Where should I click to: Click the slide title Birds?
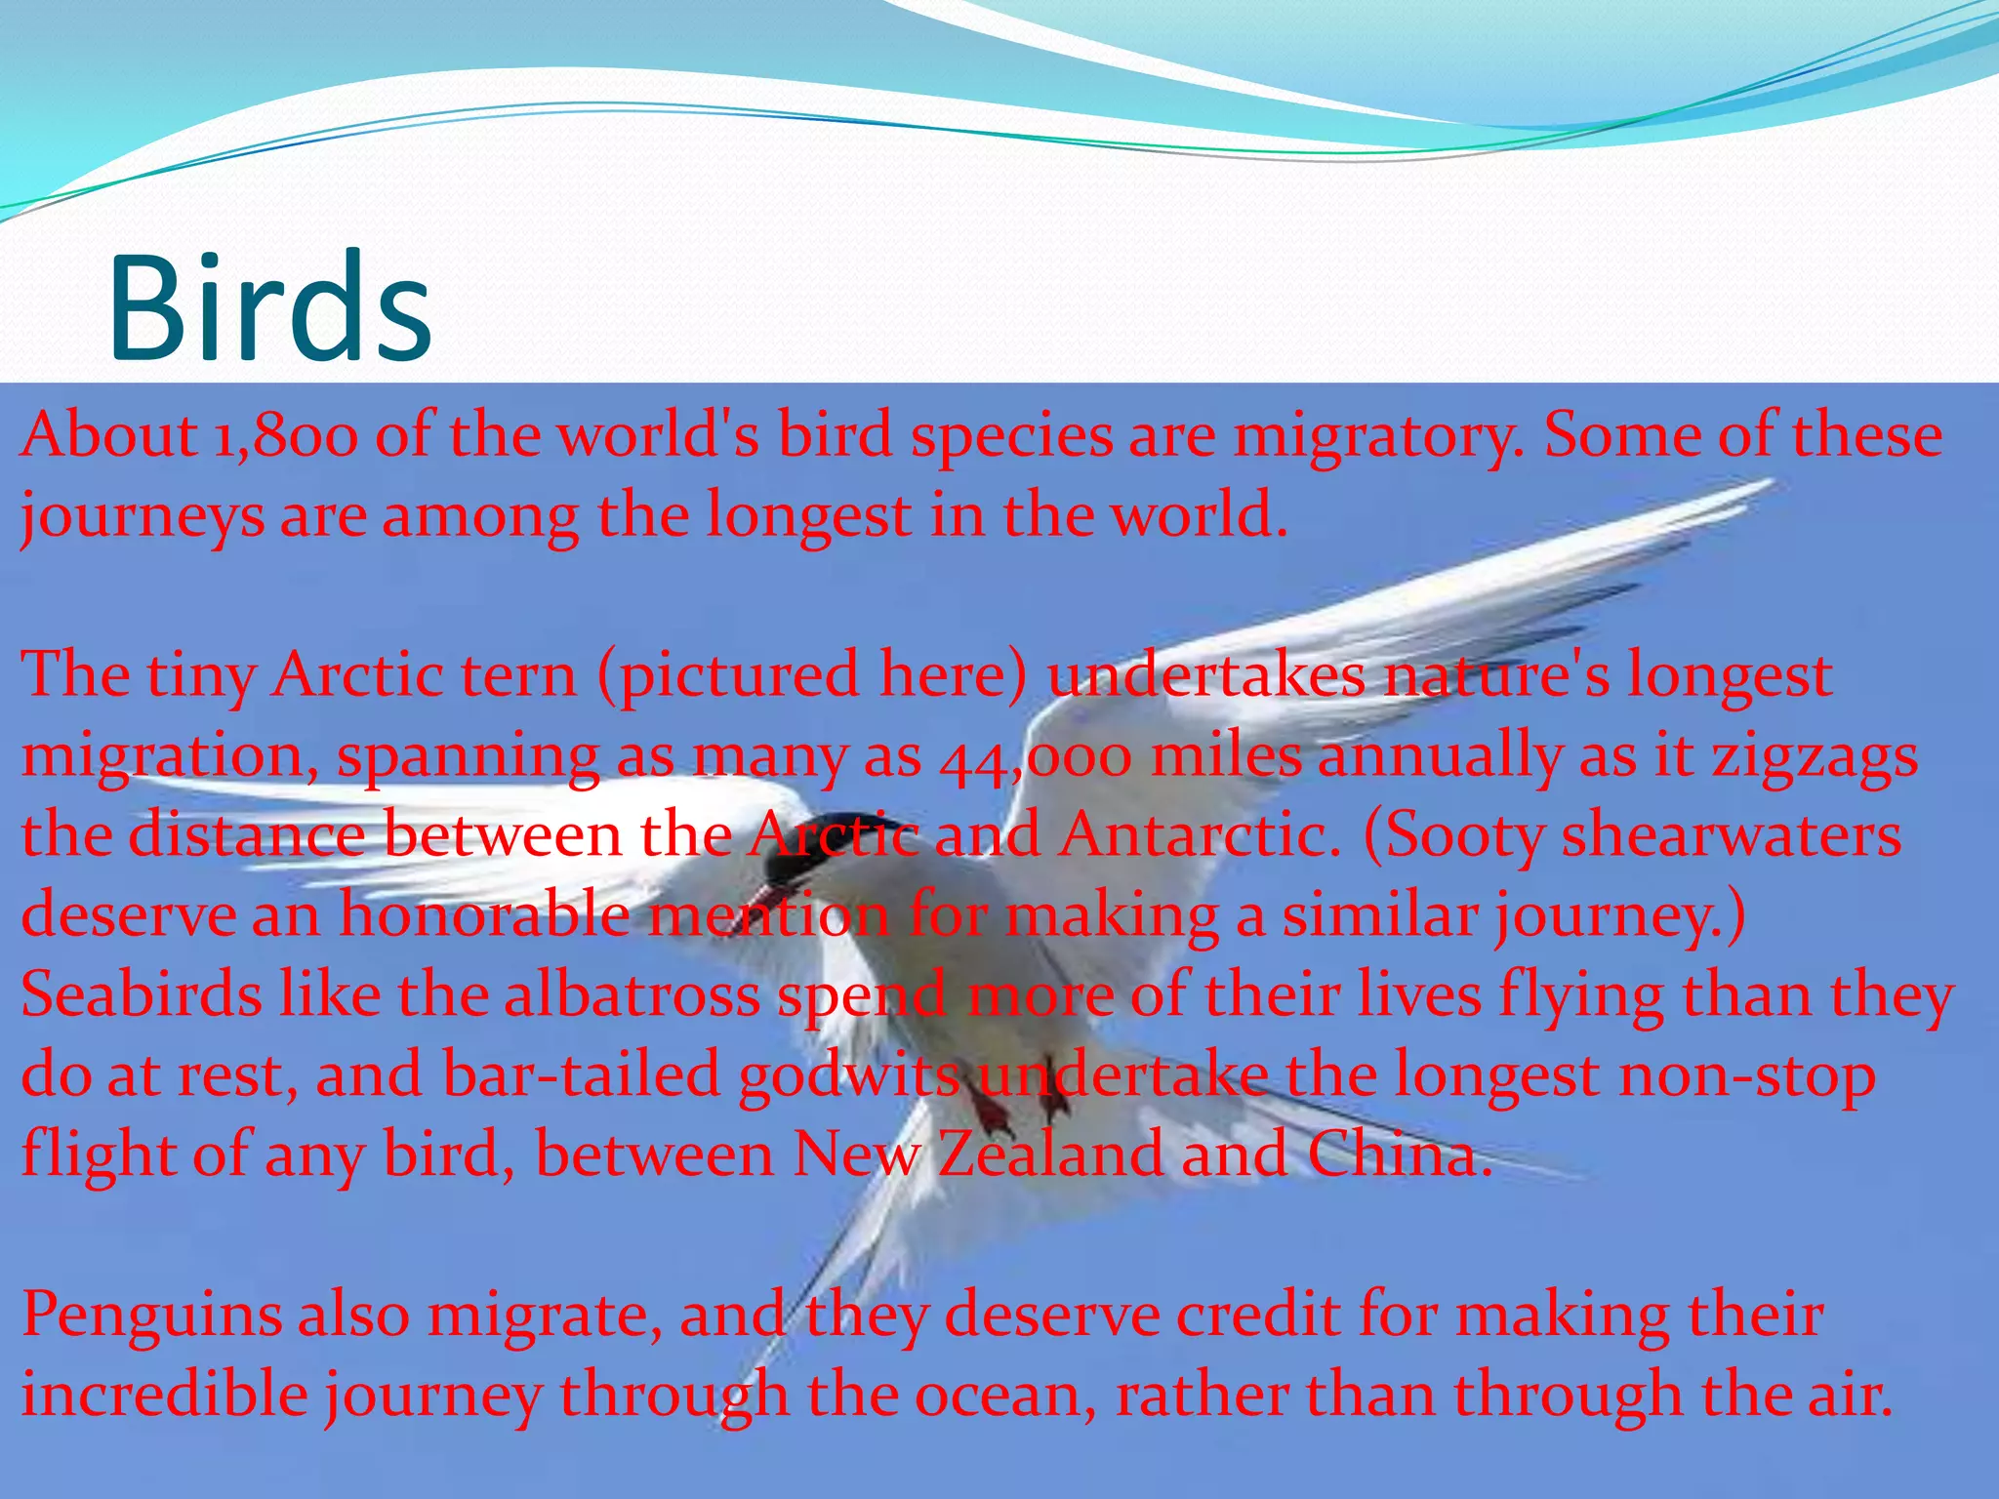270,306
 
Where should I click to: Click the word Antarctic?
1201,836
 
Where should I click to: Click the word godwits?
849,1076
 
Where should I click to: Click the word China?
1398,1155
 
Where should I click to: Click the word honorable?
484,916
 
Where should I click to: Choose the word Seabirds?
142,996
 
